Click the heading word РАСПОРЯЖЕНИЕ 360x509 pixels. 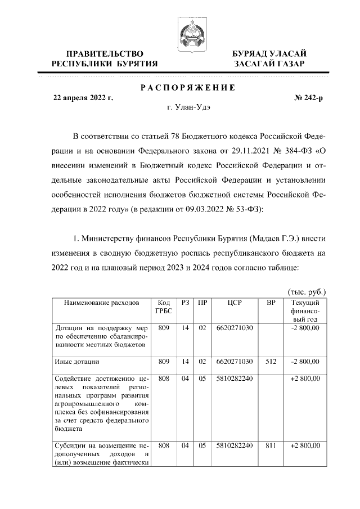click(x=187, y=87)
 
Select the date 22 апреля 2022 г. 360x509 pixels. click(x=83, y=98)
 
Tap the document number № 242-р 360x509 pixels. click(x=308, y=98)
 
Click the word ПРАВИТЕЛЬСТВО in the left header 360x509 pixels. click(x=105, y=53)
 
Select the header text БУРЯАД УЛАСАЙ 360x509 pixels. click(x=270, y=53)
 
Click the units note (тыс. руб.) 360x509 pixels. click(x=307, y=292)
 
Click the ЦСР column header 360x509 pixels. click(x=235, y=303)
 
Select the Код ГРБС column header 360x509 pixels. click(x=164, y=307)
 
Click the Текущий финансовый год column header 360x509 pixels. click(x=305, y=311)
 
